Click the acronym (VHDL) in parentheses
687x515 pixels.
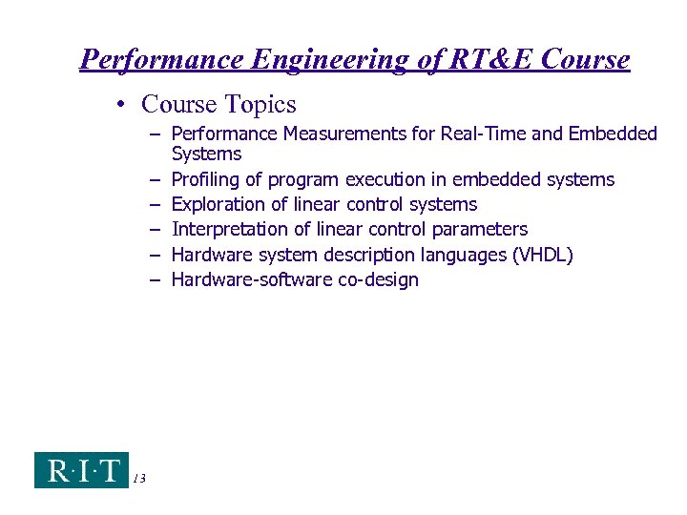click(x=540, y=255)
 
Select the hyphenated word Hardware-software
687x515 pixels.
click(x=252, y=279)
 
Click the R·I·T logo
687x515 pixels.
click(x=81, y=470)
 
